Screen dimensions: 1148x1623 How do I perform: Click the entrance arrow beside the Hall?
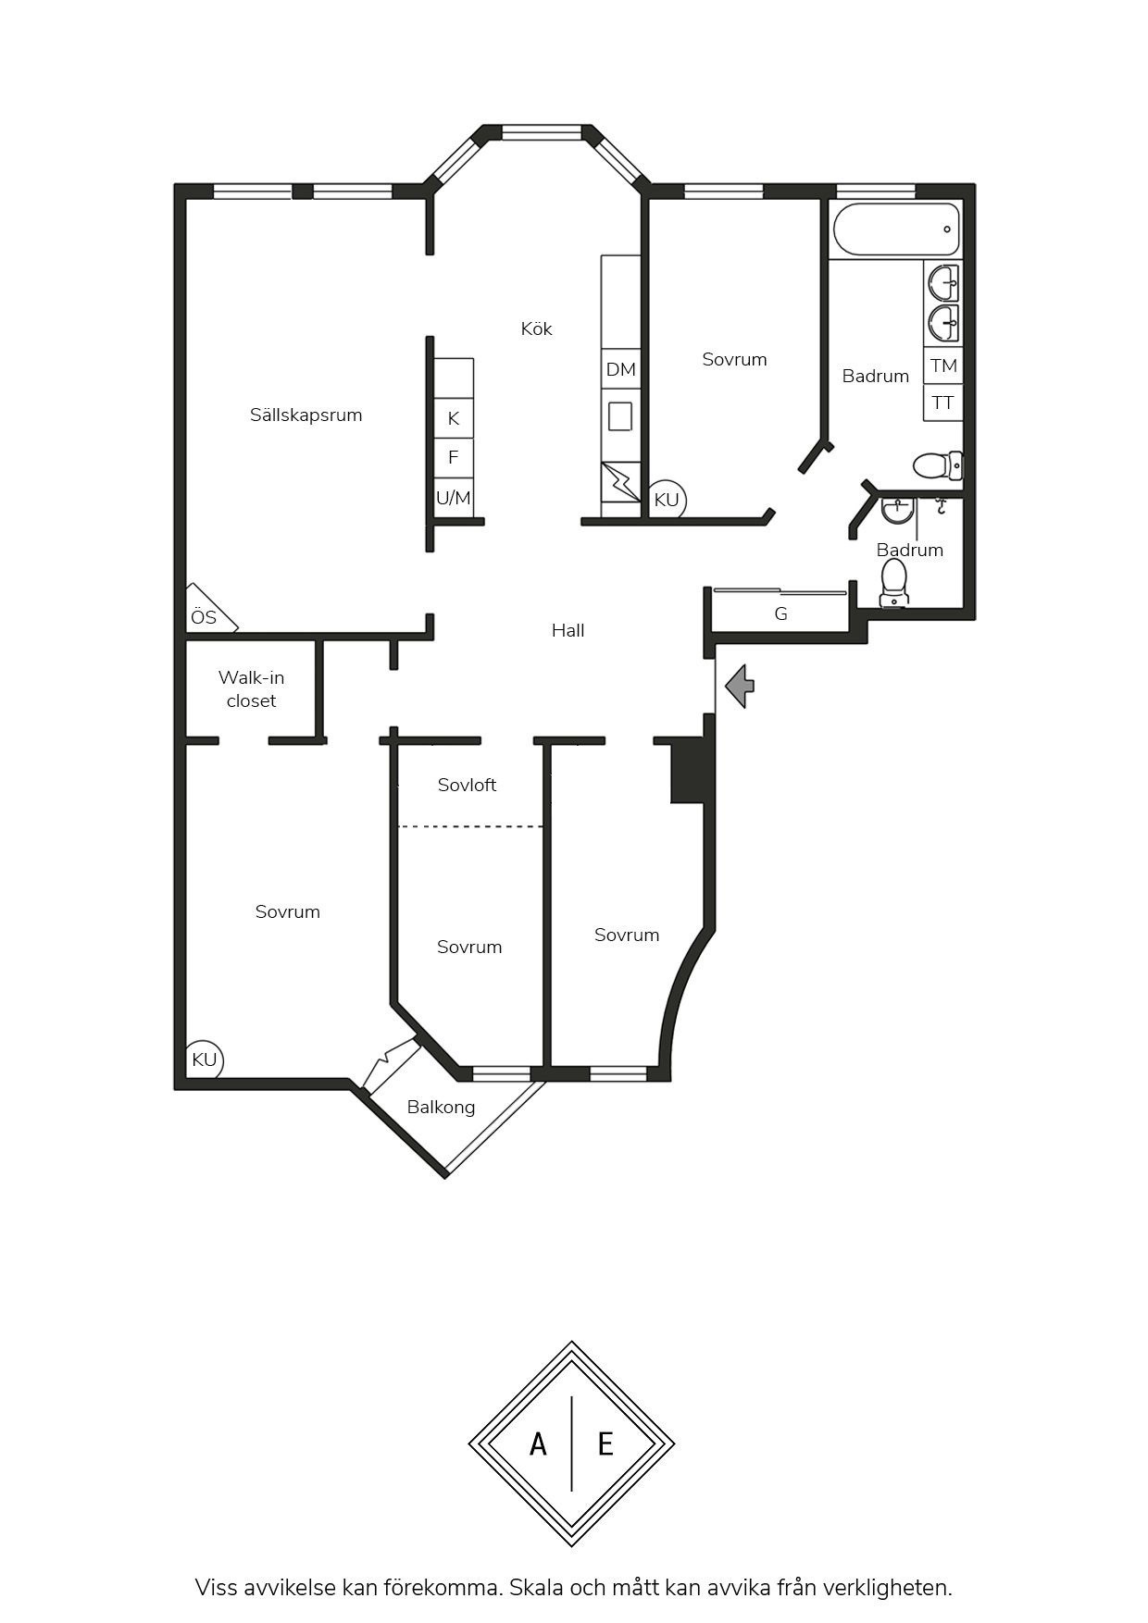tap(741, 687)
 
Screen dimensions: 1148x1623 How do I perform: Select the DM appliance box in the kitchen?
tap(621, 369)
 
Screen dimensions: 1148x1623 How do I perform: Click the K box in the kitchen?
tap(454, 418)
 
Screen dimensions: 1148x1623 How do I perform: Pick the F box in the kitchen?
tap(454, 457)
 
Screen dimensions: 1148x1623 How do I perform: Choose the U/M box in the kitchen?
tap(454, 498)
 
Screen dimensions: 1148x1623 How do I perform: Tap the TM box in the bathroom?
tap(943, 365)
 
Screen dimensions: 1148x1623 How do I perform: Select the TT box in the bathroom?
tap(943, 403)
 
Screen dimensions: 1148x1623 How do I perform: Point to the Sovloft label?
tap(468, 785)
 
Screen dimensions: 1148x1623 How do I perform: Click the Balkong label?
tap(441, 1107)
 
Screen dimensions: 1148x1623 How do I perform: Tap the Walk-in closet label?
tap(252, 689)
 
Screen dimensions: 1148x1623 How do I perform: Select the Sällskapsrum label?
tap(306, 415)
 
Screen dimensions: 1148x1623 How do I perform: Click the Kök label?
tap(537, 328)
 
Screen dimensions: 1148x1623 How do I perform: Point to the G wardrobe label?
tap(780, 613)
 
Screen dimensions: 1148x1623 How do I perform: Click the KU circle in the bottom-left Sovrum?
tap(205, 1059)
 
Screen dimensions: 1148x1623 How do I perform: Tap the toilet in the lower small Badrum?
tap(894, 583)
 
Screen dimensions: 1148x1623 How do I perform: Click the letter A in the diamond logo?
tap(538, 1443)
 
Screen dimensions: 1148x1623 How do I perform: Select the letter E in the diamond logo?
tap(605, 1443)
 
